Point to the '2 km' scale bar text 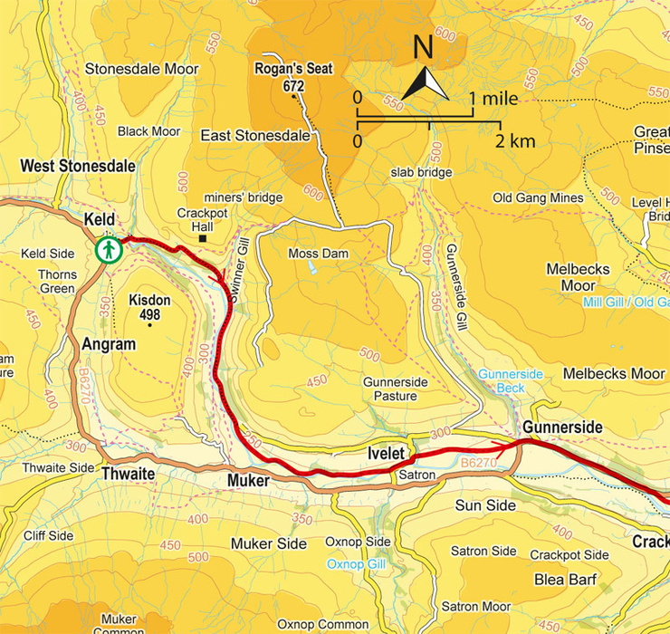click(515, 141)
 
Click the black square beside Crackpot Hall click(204, 239)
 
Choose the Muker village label click(245, 481)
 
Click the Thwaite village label click(127, 475)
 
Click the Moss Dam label click(311, 254)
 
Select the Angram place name click(108, 345)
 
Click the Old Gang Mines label click(536, 197)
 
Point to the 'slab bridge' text click(421, 172)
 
